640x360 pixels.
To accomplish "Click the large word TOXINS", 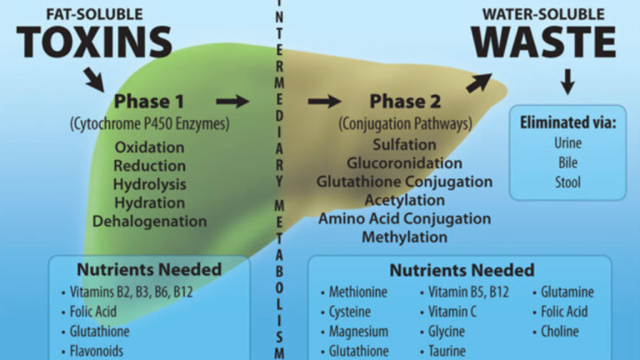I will click(x=92, y=41).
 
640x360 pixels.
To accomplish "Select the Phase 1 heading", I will click(x=149, y=102).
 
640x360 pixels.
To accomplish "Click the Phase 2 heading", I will click(x=405, y=102).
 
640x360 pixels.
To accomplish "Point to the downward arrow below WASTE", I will click(x=568, y=82).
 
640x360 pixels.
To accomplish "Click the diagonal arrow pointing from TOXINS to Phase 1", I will click(x=92, y=78).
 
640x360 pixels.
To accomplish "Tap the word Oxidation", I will click(x=150, y=147).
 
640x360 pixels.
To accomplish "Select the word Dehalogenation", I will click(x=150, y=222).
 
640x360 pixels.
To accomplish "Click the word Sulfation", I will click(x=404, y=144).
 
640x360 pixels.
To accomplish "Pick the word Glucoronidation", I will click(x=404, y=162).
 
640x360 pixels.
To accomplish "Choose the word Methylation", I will click(x=404, y=237).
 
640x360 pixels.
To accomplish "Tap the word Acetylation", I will click(x=404, y=200).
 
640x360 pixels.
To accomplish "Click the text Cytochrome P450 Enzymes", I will click(x=149, y=124).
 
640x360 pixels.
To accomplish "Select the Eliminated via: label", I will click(x=567, y=122).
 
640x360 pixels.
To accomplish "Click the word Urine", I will click(x=567, y=143).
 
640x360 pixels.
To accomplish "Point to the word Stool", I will click(x=567, y=181).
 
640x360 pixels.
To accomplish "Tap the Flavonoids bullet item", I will click(x=96, y=351).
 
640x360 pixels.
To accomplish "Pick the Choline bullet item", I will click(x=562, y=331).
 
